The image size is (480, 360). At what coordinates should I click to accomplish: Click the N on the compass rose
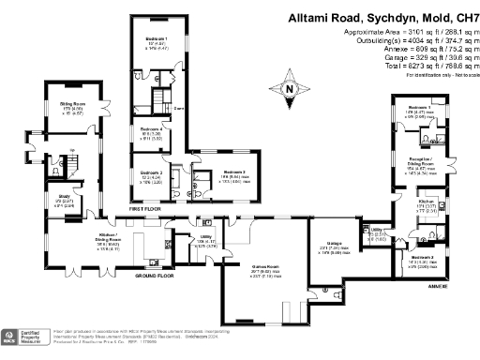pos(291,90)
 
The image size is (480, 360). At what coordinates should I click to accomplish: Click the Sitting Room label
pos(73,105)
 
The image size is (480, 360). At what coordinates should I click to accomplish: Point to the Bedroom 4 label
pos(152,128)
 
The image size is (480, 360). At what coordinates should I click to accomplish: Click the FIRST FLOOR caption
pos(160,211)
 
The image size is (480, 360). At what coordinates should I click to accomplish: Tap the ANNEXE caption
pos(437,285)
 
